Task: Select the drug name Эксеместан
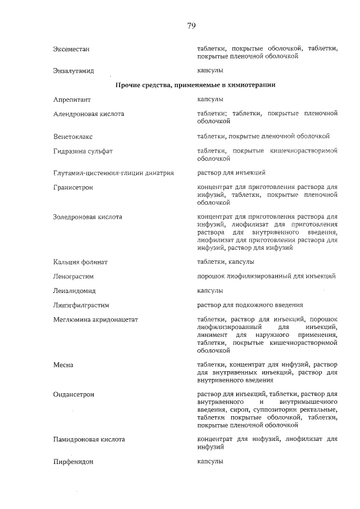(x=71, y=49)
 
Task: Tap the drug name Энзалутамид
(x=73, y=71)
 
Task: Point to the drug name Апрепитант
(x=71, y=100)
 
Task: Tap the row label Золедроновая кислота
(x=87, y=217)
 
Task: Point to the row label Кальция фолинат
(x=80, y=262)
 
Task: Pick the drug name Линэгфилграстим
(x=80, y=305)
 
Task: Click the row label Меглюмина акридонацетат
(x=95, y=320)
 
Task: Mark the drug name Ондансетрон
(x=73, y=395)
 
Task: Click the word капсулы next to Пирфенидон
(x=210, y=461)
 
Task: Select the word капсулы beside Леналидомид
(x=210, y=291)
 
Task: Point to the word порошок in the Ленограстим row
(x=211, y=276)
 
